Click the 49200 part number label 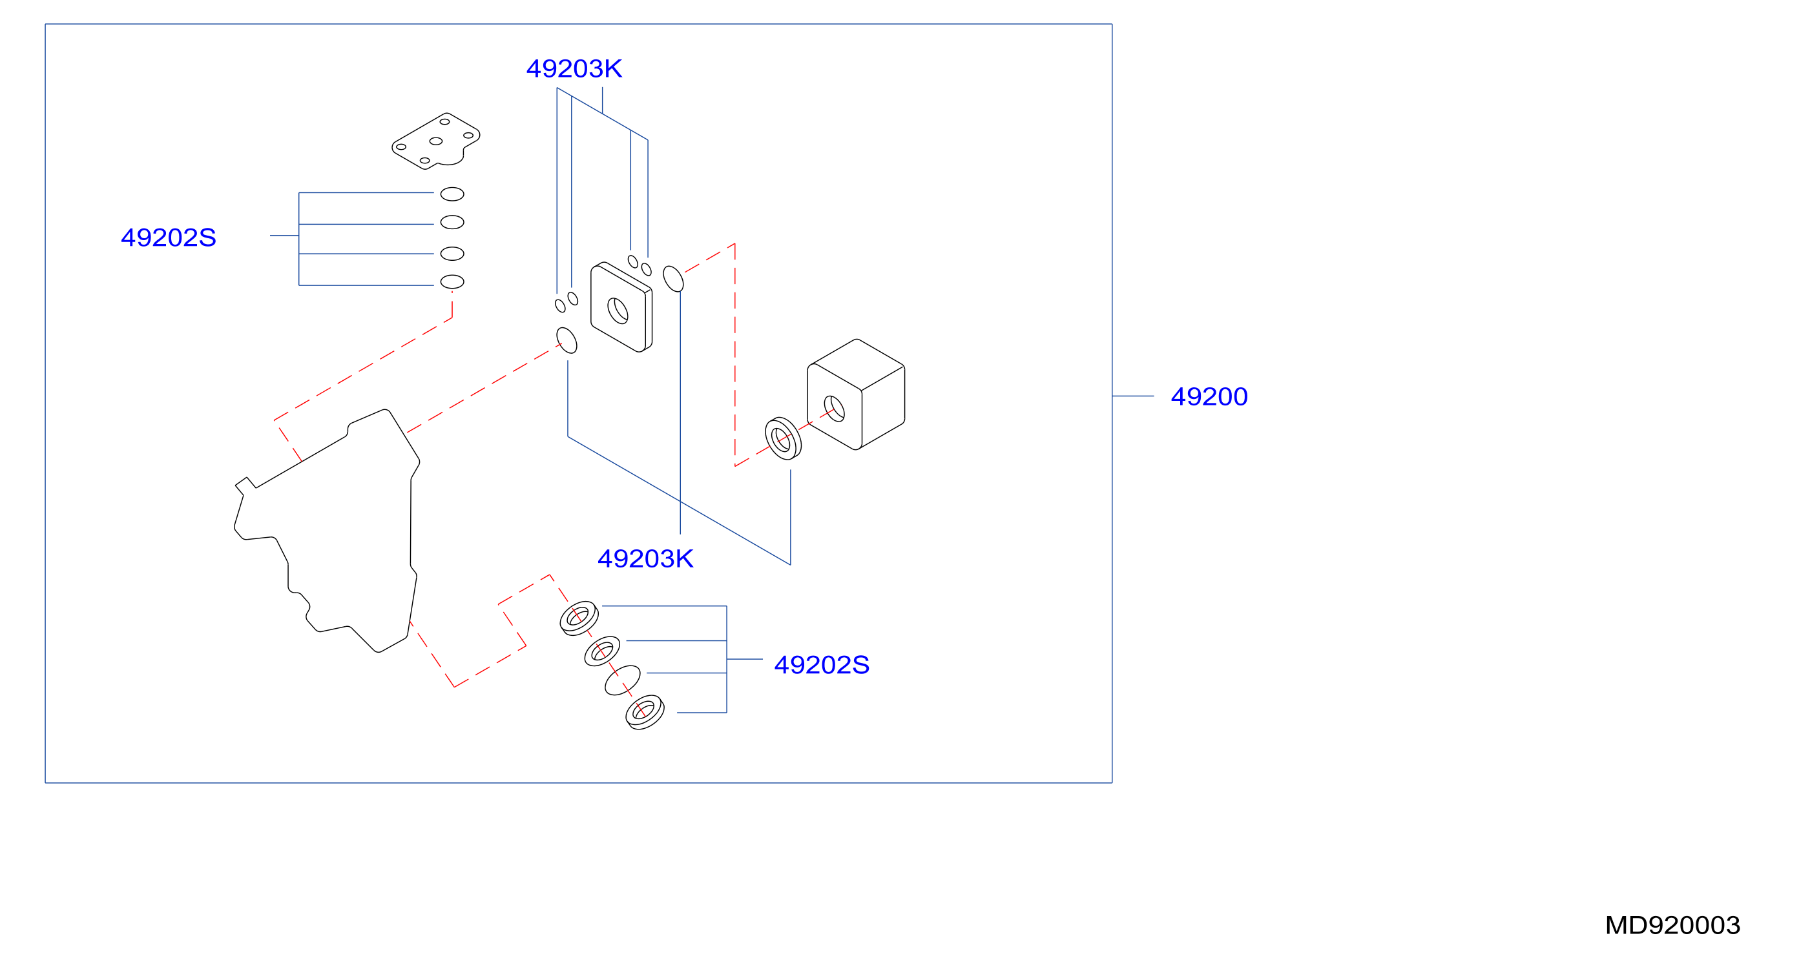click(x=1209, y=397)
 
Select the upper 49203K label click(x=574, y=69)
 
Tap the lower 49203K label click(x=645, y=559)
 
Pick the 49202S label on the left click(x=169, y=238)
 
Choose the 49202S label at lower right click(x=822, y=665)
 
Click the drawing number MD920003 click(x=1672, y=925)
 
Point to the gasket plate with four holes click(x=435, y=141)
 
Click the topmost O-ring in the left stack click(x=452, y=194)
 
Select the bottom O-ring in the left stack click(x=452, y=281)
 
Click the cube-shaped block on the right click(x=856, y=394)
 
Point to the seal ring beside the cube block click(x=783, y=438)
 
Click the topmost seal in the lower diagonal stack click(x=579, y=618)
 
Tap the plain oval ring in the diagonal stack click(x=623, y=680)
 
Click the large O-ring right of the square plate click(x=673, y=279)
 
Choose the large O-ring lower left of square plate click(x=567, y=340)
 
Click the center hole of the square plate click(x=618, y=311)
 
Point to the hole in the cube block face click(x=834, y=409)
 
